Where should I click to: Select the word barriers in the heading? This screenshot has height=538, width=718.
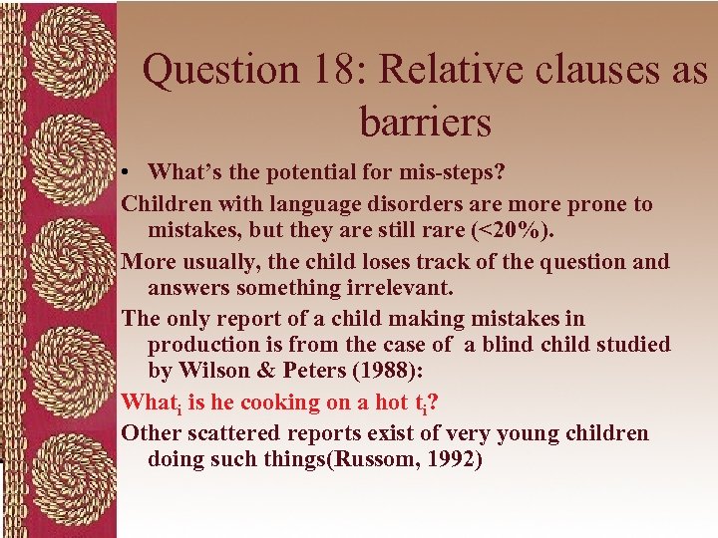[426, 123]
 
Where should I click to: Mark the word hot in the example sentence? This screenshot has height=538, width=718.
[410, 403]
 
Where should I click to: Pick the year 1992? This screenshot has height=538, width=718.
[454, 460]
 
